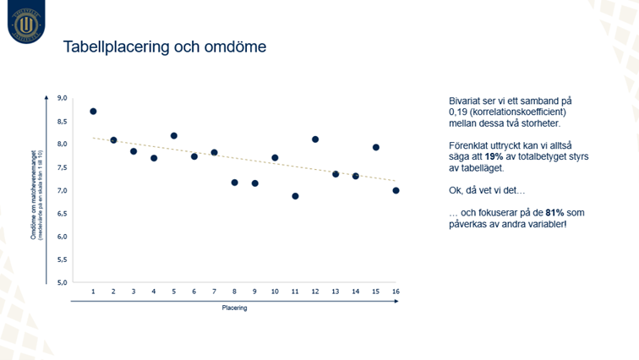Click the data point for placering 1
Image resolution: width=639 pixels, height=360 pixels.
point(93,111)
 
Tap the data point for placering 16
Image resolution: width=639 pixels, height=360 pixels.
point(396,190)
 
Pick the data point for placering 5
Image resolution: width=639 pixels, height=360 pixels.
point(174,136)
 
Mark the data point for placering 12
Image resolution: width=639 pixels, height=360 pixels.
point(315,139)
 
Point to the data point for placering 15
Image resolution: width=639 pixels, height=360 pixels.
point(376,147)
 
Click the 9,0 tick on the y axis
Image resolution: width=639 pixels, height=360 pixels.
point(61,98)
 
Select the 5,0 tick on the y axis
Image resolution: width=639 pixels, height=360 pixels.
point(61,282)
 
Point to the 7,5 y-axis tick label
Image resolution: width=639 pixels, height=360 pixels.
point(61,167)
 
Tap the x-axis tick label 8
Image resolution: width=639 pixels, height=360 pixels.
point(234,292)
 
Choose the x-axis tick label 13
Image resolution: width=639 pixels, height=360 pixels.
point(335,292)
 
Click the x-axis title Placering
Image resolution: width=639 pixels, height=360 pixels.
point(234,308)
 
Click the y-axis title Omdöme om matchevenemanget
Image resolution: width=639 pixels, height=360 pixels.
point(33,190)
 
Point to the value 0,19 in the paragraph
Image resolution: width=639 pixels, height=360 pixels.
point(459,112)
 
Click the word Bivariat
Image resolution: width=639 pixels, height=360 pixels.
point(464,101)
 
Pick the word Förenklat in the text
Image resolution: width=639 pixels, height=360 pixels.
point(468,146)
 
